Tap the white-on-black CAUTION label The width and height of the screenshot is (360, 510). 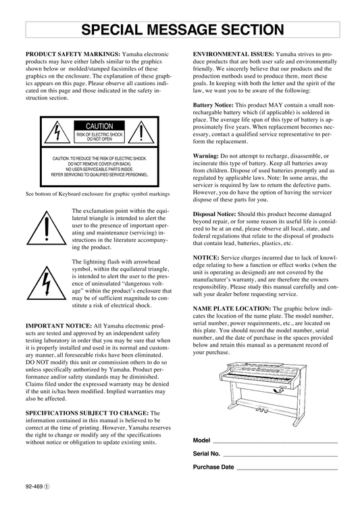99,126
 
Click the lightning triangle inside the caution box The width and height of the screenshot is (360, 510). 57,132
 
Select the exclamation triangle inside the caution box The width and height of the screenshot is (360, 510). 141,132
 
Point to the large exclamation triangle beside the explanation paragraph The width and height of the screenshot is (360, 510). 47,228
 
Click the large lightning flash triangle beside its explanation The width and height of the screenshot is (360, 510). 47,283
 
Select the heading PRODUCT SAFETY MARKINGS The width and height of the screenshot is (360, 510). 73,54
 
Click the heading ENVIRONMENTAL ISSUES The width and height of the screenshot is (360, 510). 234,54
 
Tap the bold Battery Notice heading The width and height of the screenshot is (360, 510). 213,105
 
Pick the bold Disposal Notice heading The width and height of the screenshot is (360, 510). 214,214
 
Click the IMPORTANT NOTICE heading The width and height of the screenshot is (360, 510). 59,326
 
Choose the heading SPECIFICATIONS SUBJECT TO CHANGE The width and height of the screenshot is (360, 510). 87,413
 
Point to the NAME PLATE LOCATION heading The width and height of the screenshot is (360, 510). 232,308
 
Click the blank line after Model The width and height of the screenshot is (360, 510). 275,442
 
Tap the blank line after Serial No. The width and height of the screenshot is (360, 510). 280,456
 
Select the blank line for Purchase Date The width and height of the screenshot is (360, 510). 287,469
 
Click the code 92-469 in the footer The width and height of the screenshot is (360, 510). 34,486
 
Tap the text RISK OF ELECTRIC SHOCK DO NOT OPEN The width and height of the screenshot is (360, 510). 99,136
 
